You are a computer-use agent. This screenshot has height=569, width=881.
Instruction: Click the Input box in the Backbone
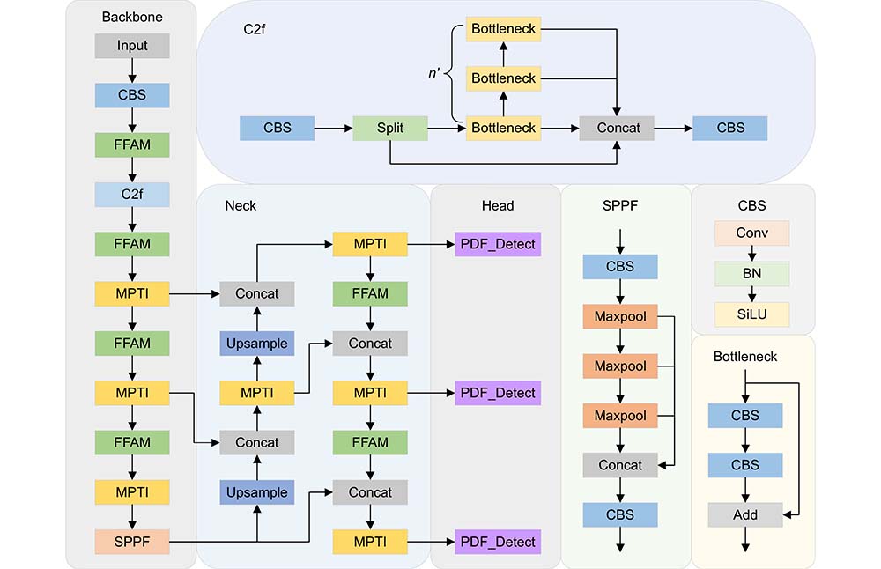click(x=132, y=46)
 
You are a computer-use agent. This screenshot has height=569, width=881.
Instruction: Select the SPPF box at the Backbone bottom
click(x=132, y=542)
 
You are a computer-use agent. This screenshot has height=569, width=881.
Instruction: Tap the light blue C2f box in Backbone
click(x=132, y=195)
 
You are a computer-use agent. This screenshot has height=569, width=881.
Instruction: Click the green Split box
click(x=390, y=128)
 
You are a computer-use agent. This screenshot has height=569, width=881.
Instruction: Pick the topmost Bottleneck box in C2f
click(x=503, y=29)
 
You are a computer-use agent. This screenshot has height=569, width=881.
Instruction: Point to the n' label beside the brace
click(x=433, y=73)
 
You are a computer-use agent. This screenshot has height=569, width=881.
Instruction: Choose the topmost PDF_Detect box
click(x=498, y=244)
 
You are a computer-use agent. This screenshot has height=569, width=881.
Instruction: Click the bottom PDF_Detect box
click(x=498, y=542)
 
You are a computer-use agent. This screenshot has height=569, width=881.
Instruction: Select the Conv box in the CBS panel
click(x=751, y=233)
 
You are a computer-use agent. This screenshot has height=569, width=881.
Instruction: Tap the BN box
click(x=751, y=274)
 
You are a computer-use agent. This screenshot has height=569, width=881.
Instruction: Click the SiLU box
click(x=751, y=314)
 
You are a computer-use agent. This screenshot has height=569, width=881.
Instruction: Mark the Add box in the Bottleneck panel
click(x=745, y=514)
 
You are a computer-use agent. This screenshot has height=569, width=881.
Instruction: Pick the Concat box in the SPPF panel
click(x=620, y=465)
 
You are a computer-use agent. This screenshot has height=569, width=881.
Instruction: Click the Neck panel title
click(x=241, y=205)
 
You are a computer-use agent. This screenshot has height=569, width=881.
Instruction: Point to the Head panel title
click(x=498, y=205)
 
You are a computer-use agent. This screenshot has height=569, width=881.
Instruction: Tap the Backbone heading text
click(x=132, y=17)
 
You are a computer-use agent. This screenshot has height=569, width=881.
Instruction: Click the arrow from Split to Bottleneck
click(x=447, y=128)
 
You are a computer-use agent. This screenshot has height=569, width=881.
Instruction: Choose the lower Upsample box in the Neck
click(x=256, y=492)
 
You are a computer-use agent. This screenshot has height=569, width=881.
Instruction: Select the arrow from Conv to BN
click(x=751, y=254)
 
